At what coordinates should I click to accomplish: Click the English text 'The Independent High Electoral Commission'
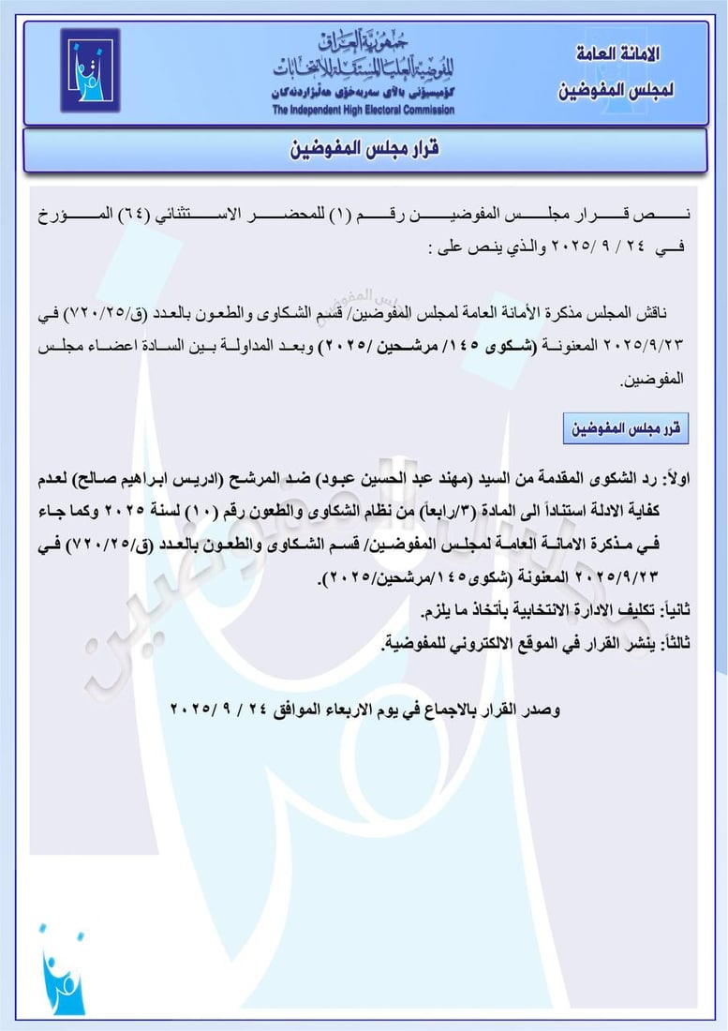tap(364, 111)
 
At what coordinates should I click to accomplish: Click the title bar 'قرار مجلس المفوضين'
tap(363, 150)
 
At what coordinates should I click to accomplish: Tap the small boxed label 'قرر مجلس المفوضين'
tap(625, 429)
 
